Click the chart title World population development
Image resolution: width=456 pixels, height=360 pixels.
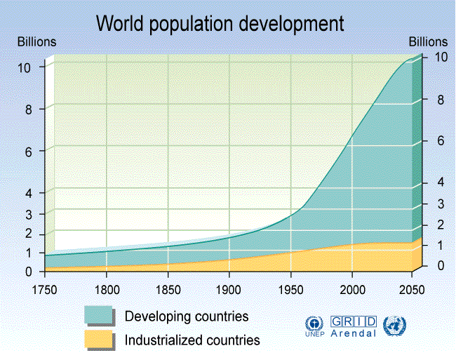220,23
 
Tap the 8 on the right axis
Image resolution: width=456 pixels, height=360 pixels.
441,99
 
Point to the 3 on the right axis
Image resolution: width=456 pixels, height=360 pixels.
441,204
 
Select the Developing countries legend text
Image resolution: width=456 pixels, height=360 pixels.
187,316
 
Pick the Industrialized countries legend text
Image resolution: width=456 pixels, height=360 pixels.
192,340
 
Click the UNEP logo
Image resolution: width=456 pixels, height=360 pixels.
313,326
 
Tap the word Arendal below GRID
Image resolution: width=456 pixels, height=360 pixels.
354,333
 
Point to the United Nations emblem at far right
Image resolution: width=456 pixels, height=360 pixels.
395,326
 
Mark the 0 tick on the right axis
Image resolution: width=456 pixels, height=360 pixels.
441,265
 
